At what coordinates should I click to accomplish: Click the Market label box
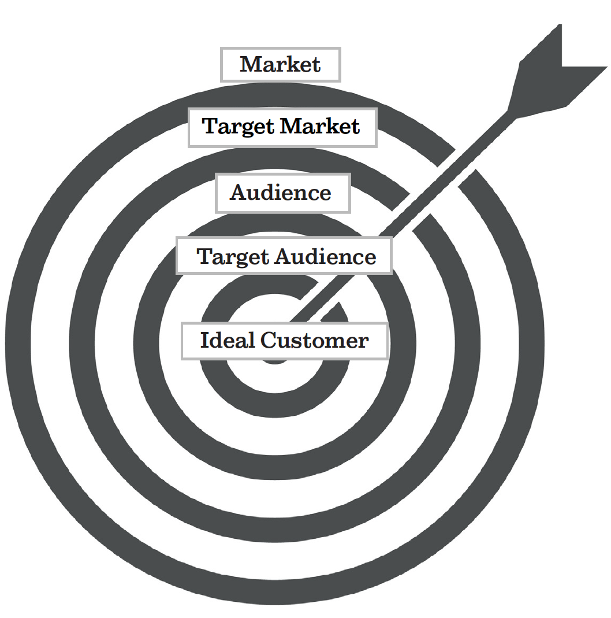pos(281,64)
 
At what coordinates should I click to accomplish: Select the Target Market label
pos(282,126)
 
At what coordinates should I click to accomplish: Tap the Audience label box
pos(282,193)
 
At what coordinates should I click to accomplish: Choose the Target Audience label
pos(284,256)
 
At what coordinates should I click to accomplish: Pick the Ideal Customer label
pos(285,341)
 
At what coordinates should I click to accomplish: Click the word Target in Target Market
pos(236,126)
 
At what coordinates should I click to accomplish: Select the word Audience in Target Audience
pos(325,256)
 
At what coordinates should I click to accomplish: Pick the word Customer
pos(314,341)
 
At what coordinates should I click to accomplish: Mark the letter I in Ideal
pos(204,341)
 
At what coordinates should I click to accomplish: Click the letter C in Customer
pos(268,341)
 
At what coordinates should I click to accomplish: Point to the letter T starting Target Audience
pos(204,256)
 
